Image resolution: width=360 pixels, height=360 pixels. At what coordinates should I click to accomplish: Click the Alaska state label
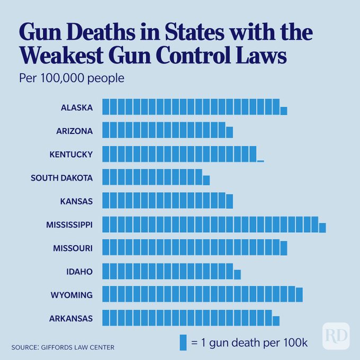77,107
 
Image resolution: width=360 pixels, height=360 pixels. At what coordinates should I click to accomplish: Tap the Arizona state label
75,131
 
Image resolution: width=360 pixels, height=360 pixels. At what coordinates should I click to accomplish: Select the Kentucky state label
71,155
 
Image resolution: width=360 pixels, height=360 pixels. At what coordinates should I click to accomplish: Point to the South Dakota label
61,178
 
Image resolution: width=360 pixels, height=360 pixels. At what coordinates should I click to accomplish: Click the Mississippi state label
69,224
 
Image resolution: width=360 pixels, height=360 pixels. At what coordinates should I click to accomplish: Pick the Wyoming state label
71,295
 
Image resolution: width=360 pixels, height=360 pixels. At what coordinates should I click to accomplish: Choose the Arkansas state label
71,318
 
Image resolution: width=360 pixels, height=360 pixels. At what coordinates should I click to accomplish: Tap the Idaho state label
79,272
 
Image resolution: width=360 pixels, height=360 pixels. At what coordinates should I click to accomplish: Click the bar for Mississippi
212,224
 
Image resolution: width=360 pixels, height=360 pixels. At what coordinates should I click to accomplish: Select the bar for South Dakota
154,177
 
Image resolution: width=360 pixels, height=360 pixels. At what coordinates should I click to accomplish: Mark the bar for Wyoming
201,295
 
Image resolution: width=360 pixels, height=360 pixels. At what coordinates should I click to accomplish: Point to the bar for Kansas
167,201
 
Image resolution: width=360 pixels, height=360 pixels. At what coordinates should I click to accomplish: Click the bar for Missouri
193,248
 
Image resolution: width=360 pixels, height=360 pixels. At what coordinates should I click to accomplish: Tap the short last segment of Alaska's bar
284,111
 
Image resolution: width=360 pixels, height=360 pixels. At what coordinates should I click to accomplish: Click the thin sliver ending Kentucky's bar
260,161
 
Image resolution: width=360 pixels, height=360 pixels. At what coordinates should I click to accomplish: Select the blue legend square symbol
183,342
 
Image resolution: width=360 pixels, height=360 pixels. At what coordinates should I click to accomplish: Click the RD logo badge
336,336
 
